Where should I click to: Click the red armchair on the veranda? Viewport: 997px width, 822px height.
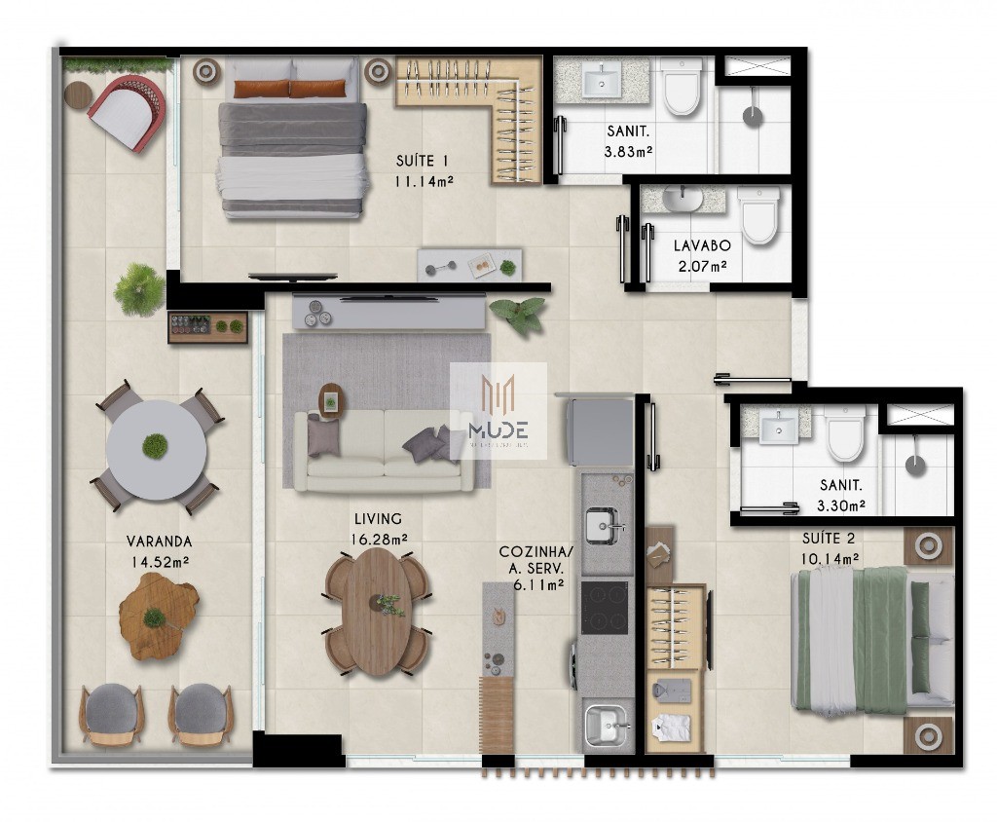[126, 111]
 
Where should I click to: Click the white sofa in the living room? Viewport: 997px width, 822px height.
[385, 450]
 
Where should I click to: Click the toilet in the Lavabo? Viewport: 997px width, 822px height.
[757, 216]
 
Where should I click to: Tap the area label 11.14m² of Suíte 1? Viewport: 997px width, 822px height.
[425, 181]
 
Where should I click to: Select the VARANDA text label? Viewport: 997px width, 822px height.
[159, 542]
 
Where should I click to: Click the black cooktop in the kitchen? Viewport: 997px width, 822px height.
[605, 607]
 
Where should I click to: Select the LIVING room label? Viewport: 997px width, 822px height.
[378, 519]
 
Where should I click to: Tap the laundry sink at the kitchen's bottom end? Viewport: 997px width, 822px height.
[606, 726]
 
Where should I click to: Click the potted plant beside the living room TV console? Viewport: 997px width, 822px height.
[519, 316]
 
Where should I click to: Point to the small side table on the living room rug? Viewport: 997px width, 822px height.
[332, 398]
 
